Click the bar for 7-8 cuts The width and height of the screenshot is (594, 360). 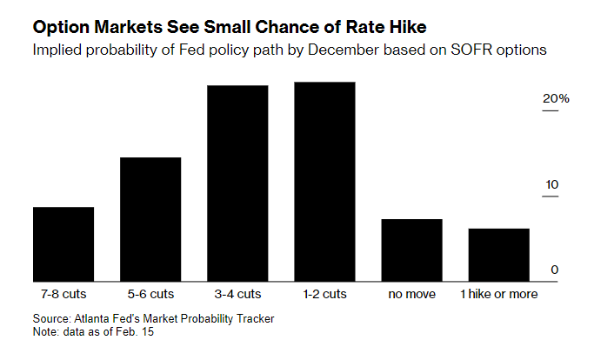click(x=63, y=243)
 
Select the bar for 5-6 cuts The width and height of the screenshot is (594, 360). click(x=150, y=218)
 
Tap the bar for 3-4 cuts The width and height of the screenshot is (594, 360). click(x=237, y=183)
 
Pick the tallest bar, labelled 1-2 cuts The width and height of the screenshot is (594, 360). click(x=324, y=181)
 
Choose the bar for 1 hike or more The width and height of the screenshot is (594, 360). click(x=498, y=254)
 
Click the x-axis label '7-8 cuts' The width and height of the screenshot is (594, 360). click(x=63, y=294)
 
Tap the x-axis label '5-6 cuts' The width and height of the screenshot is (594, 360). click(x=150, y=294)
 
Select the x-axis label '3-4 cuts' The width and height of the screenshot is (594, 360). click(x=237, y=294)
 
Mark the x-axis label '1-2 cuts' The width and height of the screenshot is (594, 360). click(x=324, y=294)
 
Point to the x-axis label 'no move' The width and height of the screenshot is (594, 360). click(x=411, y=294)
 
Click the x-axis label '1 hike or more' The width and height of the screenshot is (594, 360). click(x=498, y=294)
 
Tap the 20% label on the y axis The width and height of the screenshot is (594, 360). click(x=556, y=99)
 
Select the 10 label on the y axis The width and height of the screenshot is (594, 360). click(x=551, y=184)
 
